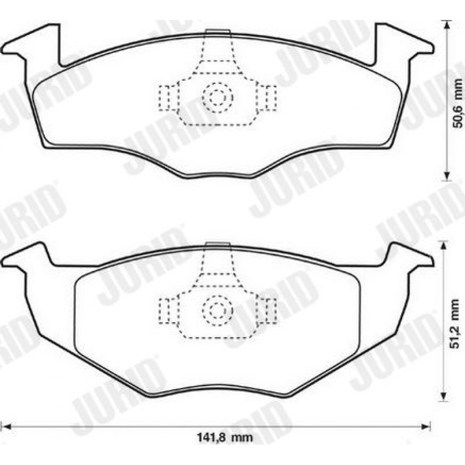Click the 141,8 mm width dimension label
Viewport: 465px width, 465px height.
click(225, 437)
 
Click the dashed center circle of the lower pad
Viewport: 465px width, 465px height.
click(218, 310)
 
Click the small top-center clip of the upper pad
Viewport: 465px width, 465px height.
click(218, 32)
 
